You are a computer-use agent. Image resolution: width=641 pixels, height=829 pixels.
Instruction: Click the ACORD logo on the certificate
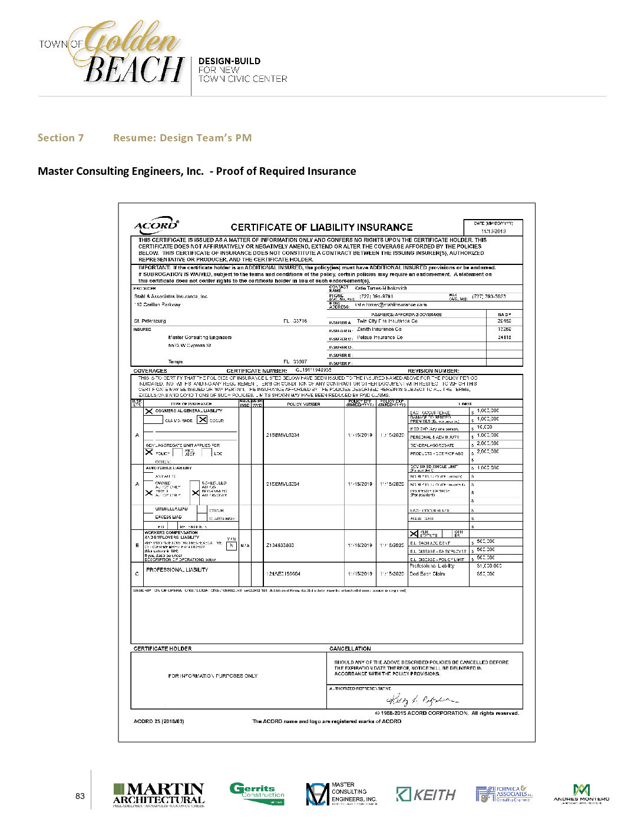coord(156,226)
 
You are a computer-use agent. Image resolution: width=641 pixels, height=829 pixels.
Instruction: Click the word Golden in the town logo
coord(132,40)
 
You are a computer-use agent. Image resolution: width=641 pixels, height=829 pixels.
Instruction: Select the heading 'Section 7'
coord(61,138)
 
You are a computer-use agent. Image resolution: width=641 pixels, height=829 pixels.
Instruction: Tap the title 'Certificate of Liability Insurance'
coord(321,227)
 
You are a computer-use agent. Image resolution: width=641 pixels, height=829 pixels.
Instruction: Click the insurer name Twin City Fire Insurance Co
coord(387,321)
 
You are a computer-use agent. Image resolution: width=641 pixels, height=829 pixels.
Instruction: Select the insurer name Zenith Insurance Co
coord(379,330)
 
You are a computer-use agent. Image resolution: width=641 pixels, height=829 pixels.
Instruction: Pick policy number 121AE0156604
coord(283,573)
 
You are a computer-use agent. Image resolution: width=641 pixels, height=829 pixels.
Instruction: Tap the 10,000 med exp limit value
coord(484,427)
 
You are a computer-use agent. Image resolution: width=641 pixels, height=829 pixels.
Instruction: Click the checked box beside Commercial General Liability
coord(149,411)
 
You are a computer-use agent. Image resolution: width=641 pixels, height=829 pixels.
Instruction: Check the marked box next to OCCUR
coord(203,420)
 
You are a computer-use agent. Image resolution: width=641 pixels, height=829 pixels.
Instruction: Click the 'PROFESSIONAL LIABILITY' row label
coord(177,570)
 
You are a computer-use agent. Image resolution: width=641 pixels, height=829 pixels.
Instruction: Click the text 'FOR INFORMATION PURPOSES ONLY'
coord(213,676)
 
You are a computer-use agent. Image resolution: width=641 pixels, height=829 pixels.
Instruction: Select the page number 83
coord(80,796)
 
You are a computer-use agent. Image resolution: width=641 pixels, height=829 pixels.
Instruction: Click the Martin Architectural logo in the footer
coord(158,795)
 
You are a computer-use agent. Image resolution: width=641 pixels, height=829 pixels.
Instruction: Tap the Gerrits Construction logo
coord(257,794)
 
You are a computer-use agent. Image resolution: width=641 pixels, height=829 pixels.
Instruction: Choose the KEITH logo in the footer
coord(426,795)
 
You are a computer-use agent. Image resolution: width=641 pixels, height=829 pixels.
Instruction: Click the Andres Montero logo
coord(581,794)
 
